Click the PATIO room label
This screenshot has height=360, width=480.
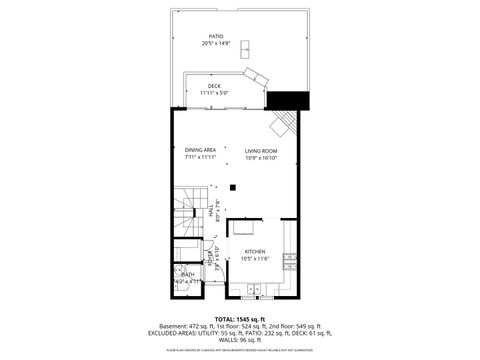click(x=215, y=36)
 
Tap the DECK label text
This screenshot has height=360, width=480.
click(x=214, y=86)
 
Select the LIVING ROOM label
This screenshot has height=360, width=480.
click(x=261, y=150)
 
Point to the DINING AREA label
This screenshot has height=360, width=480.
click(x=201, y=150)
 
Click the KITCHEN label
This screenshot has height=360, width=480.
click(x=254, y=252)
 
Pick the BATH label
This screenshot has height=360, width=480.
click(x=187, y=273)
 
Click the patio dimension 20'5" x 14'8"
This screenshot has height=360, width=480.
click(x=215, y=44)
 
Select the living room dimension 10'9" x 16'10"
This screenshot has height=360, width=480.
click(x=261, y=158)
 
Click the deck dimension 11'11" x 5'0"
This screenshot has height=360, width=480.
click(x=214, y=93)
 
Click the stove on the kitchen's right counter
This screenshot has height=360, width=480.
click(x=288, y=262)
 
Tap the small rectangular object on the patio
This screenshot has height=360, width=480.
click(x=245, y=45)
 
